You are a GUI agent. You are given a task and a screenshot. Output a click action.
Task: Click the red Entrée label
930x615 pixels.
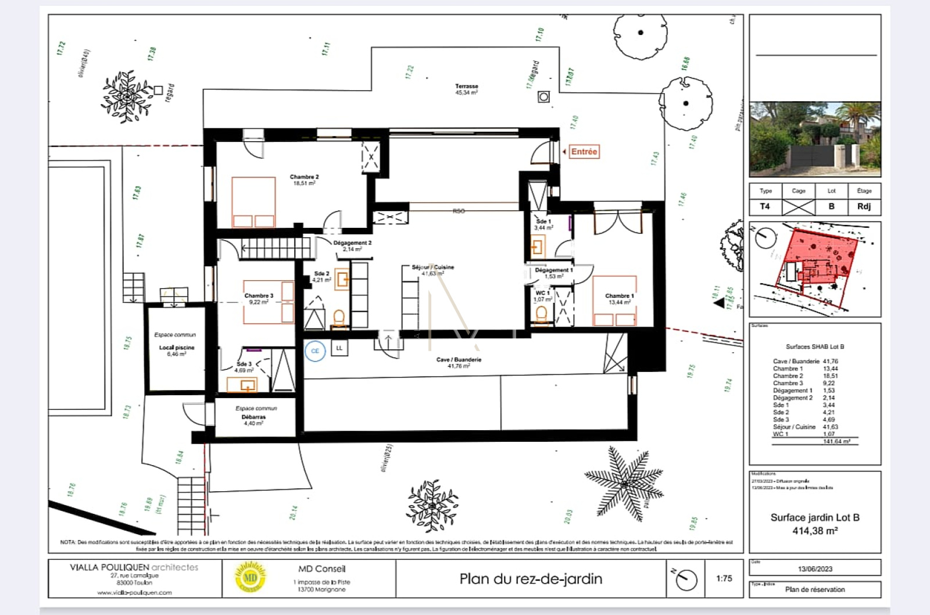(584, 152)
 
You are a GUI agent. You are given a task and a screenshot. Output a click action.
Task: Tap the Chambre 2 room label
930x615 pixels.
(304, 180)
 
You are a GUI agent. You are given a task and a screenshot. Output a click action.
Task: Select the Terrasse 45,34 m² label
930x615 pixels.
(466, 90)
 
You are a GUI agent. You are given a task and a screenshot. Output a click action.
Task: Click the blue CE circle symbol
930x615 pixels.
(315, 351)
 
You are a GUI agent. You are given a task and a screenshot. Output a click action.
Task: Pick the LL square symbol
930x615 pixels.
(339, 348)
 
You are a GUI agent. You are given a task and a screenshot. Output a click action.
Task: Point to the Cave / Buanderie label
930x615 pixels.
(459, 363)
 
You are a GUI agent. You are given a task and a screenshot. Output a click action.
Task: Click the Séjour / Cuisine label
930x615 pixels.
(432, 270)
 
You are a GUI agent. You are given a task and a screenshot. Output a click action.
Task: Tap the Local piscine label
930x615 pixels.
(177, 350)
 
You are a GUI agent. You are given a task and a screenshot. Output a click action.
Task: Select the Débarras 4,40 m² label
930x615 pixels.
(253, 420)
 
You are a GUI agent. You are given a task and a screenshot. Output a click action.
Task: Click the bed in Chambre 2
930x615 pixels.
(253, 202)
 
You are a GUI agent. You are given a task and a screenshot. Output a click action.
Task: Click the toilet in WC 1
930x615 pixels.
(541, 314)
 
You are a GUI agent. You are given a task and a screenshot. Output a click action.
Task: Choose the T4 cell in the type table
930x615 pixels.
(765, 206)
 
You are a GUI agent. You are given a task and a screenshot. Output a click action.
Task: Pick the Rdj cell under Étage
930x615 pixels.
(864, 206)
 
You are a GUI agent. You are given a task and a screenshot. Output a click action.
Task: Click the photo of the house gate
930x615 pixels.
(815, 139)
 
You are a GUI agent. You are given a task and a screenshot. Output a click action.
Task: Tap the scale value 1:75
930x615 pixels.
(724, 578)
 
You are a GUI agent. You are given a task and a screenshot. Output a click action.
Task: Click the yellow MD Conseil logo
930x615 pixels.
(251, 578)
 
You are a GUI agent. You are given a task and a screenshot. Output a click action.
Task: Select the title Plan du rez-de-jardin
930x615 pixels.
(531, 579)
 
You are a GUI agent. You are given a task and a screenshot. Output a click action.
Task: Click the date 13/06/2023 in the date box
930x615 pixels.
(815, 569)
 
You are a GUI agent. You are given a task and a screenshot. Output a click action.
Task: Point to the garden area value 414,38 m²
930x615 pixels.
(815, 531)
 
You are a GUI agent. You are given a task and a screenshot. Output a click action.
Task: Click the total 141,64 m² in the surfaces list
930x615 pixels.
(836, 442)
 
